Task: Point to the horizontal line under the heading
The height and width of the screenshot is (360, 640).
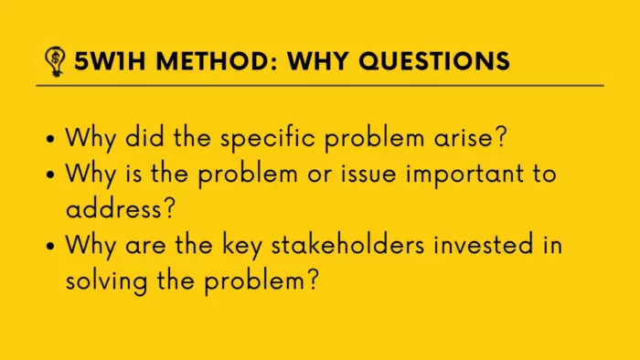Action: point(320,86)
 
